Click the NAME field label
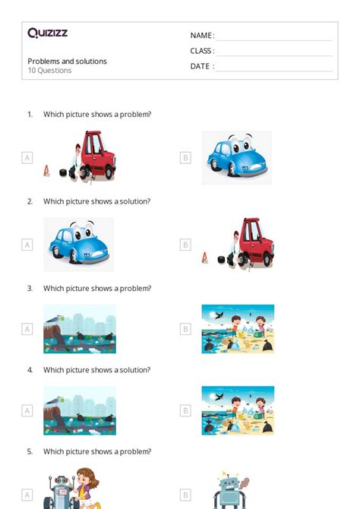point(201,36)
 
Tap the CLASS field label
point(202,51)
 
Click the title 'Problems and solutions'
point(67,62)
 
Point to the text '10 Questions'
point(49,71)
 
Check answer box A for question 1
point(27,158)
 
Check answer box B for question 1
point(185,158)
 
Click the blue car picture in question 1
point(236,157)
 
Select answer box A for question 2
point(27,245)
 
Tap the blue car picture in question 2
point(78,244)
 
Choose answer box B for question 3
point(185,329)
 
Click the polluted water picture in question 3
point(80,329)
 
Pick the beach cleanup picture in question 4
point(238,410)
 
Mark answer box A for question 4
point(27,410)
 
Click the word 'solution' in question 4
point(134,370)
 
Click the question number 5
point(30,451)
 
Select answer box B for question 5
point(185,495)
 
